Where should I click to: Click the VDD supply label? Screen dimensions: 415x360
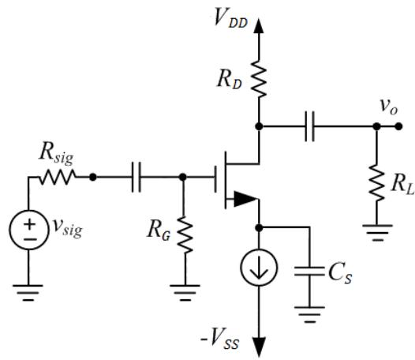(x=230, y=18)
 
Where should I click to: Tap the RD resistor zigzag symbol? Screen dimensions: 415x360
(x=259, y=79)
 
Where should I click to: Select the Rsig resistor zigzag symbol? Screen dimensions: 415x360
(x=58, y=177)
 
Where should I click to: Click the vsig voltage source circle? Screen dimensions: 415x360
(x=29, y=230)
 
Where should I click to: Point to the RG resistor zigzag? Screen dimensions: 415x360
(x=185, y=235)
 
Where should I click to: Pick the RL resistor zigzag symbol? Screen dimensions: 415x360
(x=376, y=183)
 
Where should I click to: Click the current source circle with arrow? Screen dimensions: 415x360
(x=259, y=267)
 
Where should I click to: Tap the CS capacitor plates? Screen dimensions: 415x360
(x=309, y=272)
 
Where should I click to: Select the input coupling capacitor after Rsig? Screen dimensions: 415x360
(x=136, y=177)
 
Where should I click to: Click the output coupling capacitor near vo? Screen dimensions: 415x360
(x=309, y=126)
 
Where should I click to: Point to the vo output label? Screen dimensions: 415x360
(x=388, y=107)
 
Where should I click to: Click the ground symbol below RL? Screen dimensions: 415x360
(x=377, y=233)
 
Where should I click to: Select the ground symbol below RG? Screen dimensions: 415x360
(x=185, y=293)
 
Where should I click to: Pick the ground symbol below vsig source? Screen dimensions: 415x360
(x=28, y=293)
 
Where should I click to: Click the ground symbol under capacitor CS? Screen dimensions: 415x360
(x=309, y=315)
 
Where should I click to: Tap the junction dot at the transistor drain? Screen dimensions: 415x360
(x=259, y=126)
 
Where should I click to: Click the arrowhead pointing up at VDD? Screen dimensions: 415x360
(x=259, y=26)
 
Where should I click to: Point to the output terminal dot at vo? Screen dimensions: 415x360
(x=398, y=126)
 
